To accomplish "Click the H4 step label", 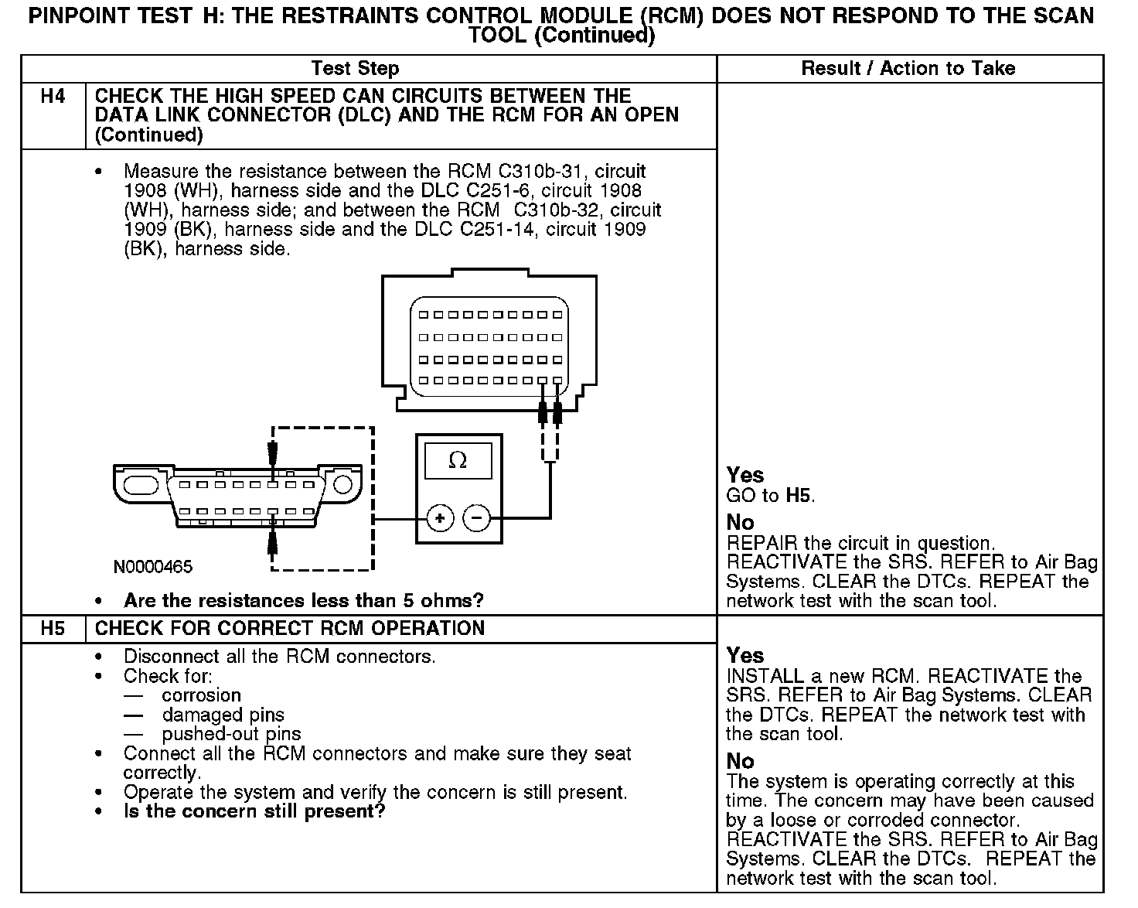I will [53, 97].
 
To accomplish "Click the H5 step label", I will [53, 628].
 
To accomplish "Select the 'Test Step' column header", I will [355, 68].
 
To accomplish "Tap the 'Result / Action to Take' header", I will [908, 68].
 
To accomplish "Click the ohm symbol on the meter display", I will [458, 461].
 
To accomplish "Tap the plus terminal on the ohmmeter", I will [440, 517].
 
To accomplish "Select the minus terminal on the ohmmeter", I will [476, 517].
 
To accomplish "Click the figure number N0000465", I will [152, 567].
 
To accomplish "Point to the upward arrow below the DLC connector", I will [272, 541].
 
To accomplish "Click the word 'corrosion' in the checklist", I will [201, 695].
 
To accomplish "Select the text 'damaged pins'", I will [223, 715].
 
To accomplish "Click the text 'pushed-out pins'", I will [231, 734].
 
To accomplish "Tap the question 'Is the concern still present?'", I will [254, 811].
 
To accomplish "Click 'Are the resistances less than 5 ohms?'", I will [304, 600].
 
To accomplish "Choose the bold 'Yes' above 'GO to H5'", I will [745, 475].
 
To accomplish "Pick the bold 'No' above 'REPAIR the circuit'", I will [740, 522].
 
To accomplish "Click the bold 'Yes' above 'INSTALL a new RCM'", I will [745, 655].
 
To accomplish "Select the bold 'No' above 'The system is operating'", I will [740, 761].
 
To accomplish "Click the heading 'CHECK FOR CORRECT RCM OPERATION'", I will [290, 628].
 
